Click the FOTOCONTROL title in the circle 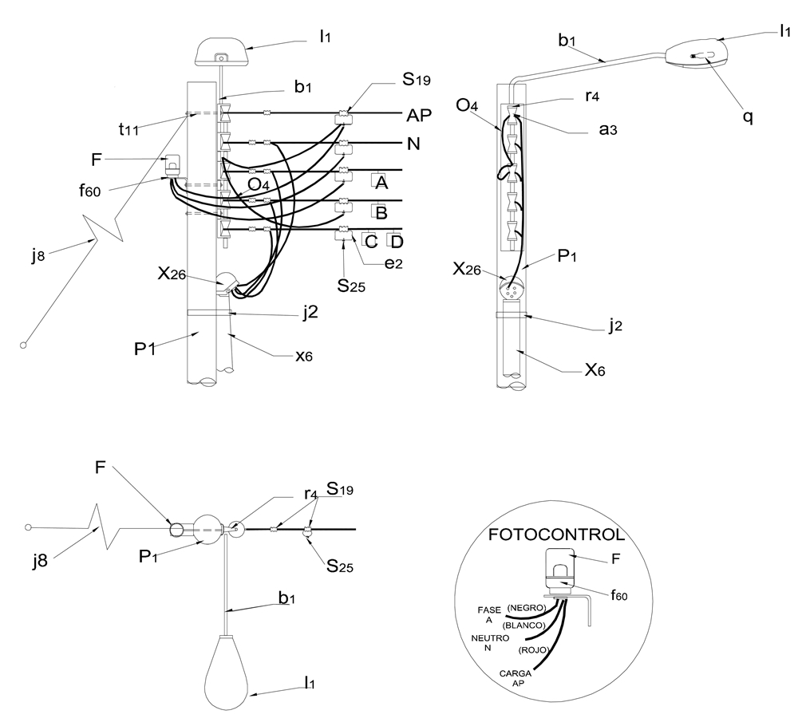pyautogui.click(x=556, y=535)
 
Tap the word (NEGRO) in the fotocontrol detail pyautogui.click(x=526, y=608)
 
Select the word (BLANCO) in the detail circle pyautogui.click(x=523, y=625)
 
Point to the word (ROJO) pyautogui.click(x=533, y=650)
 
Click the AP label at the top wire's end pyautogui.click(x=419, y=116)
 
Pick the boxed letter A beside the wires pyautogui.click(x=381, y=182)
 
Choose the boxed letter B pyautogui.click(x=381, y=212)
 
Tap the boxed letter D pyautogui.click(x=397, y=241)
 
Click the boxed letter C pyautogui.click(x=371, y=241)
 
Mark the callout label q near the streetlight pyautogui.click(x=748, y=117)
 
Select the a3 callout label pyautogui.click(x=607, y=129)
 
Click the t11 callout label pyautogui.click(x=128, y=128)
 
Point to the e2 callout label pyautogui.click(x=393, y=263)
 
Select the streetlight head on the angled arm pyautogui.click(x=696, y=53)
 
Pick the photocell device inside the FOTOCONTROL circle pyautogui.click(x=560, y=570)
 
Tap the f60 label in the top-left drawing pyautogui.click(x=89, y=191)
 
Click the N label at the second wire pyautogui.click(x=413, y=144)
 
